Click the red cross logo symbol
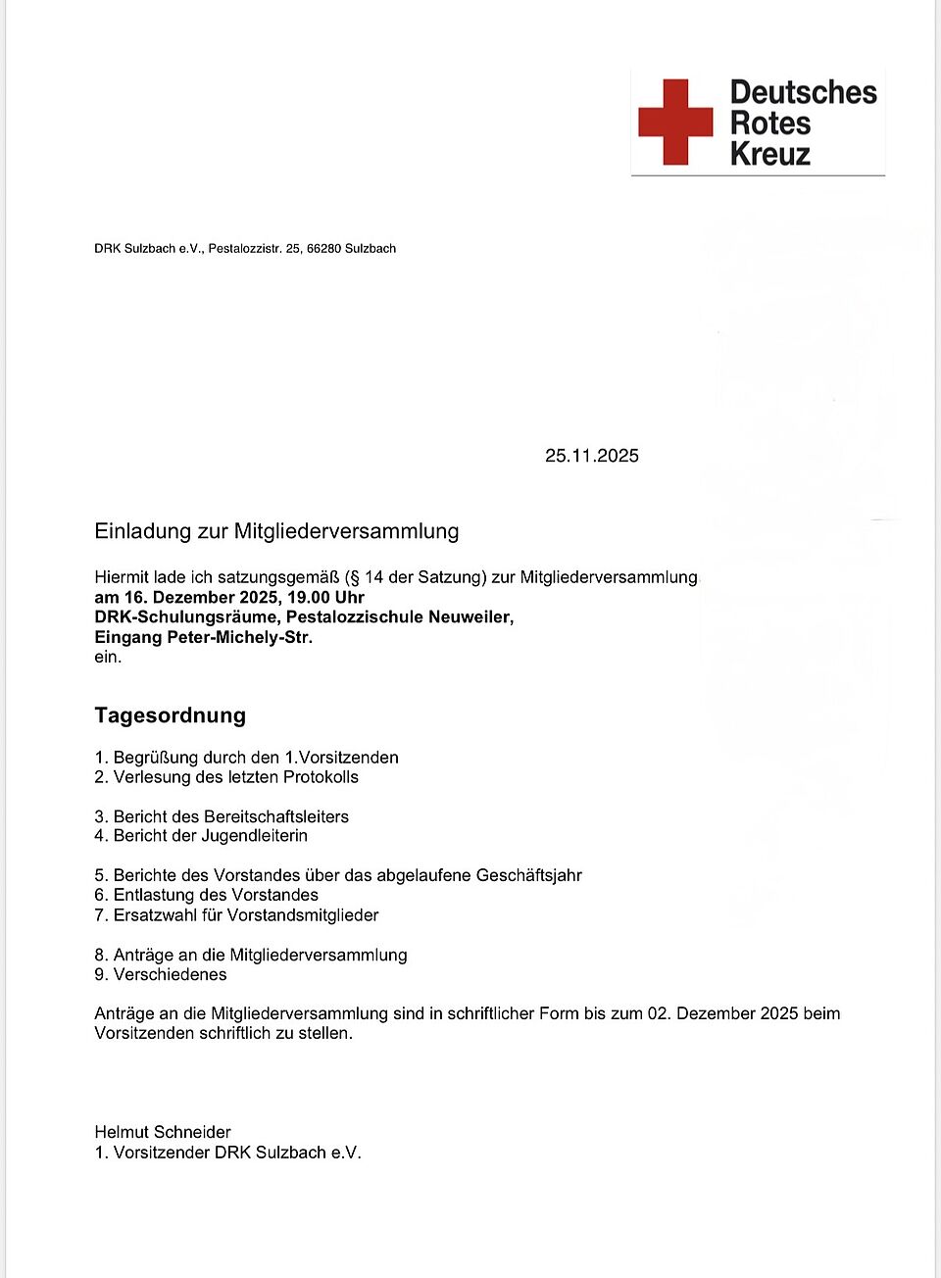675,122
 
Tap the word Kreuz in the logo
770,154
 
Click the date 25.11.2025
592,456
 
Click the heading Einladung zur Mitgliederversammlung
276,531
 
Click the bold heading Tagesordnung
170,715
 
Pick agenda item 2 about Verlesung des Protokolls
226,777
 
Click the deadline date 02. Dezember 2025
722,1013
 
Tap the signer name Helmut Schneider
163,1132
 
